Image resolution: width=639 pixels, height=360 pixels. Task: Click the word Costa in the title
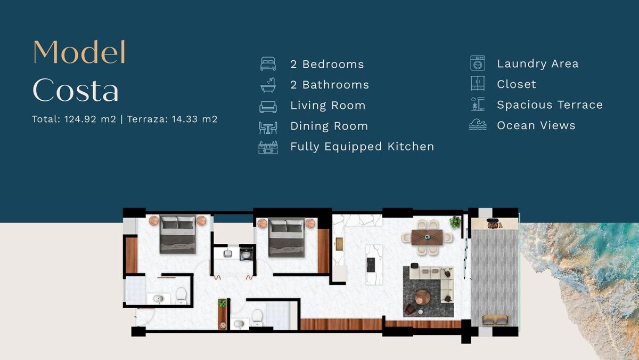[x=76, y=90]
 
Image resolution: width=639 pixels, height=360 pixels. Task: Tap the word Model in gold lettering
[x=79, y=52]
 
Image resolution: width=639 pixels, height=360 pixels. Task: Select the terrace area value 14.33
[x=185, y=119]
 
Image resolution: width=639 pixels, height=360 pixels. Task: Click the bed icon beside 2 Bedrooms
[x=268, y=63]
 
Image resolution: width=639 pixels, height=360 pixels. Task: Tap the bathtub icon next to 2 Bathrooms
[x=268, y=85]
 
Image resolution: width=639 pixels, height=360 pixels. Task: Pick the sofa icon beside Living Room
[x=268, y=107]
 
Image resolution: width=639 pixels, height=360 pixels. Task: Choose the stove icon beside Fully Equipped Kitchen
[x=268, y=147]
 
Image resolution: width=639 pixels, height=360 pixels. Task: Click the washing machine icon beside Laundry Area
[x=478, y=63]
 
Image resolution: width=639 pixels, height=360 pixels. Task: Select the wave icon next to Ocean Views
[x=478, y=125]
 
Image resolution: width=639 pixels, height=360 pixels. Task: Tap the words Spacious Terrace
[x=550, y=105]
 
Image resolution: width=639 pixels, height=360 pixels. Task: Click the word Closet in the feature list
[x=517, y=84]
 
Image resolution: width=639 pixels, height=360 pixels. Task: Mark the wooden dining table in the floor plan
[x=427, y=237]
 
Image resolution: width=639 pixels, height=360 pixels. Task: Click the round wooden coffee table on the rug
[x=422, y=298]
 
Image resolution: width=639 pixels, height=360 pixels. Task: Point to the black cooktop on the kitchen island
[x=371, y=265]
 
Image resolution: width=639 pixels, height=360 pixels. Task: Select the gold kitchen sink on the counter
[x=339, y=244]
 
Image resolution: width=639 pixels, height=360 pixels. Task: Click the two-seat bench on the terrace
[x=495, y=320]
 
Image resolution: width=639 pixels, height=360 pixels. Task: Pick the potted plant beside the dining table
[x=455, y=222]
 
